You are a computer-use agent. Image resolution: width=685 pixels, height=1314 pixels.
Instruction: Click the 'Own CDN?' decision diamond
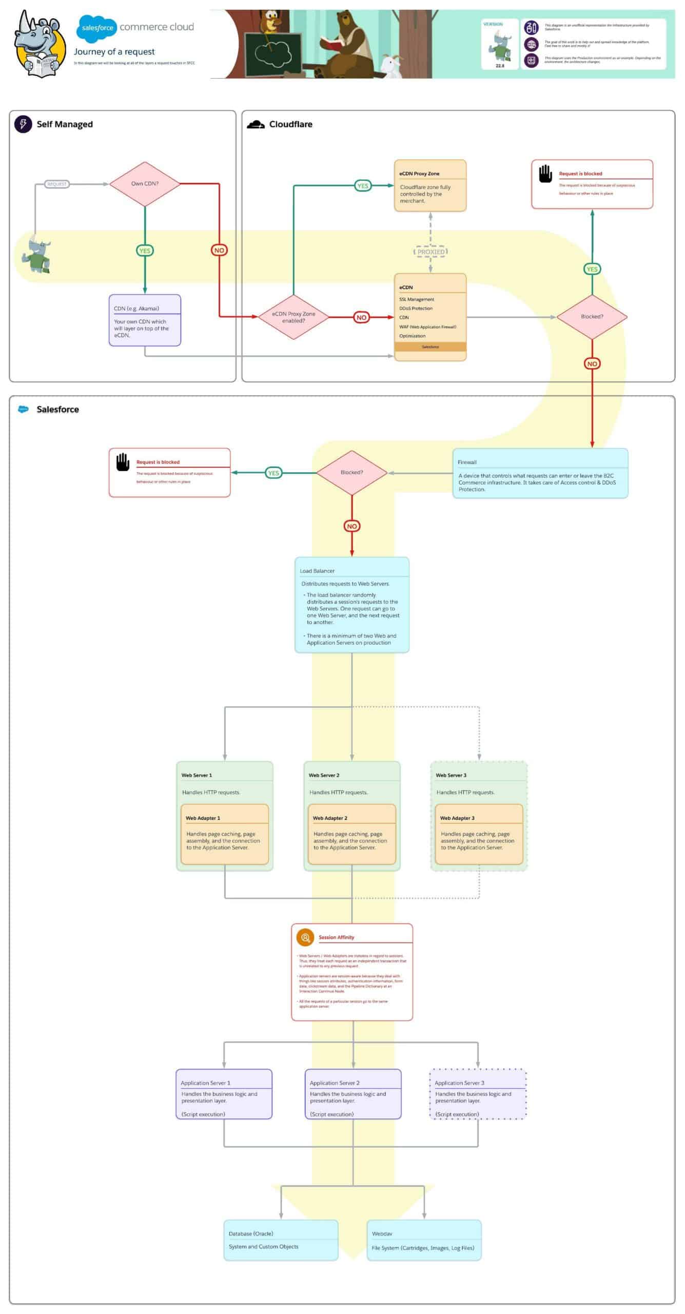(145, 184)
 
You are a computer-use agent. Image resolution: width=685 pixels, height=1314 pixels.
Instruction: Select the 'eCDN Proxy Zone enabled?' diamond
(293, 317)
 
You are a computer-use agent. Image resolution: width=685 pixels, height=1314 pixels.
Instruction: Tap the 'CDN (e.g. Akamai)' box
(145, 320)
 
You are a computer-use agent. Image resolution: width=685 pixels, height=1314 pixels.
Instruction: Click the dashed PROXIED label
(430, 252)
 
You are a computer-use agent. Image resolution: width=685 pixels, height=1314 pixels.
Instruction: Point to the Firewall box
(540, 473)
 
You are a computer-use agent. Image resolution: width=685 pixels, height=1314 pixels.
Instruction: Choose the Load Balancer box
(351, 605)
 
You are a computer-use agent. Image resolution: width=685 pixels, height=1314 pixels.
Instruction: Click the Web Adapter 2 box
(351, 834)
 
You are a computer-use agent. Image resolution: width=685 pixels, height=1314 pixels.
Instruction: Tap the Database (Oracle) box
(281, 1240)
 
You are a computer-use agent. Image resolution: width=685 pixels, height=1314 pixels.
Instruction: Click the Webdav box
(424, 1240)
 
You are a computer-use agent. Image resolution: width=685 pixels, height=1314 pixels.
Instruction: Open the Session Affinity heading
(337, 937)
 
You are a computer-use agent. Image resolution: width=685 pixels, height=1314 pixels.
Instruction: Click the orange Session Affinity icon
(305, 937)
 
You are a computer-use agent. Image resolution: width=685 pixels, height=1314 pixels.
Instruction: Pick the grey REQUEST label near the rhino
(56, 184)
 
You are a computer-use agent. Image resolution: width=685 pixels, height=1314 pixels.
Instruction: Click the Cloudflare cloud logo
(256, 124)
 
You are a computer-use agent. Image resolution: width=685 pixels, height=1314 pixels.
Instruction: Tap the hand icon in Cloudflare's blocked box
(545, 173)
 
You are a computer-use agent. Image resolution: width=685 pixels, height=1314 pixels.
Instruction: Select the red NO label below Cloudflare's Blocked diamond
(592, 363)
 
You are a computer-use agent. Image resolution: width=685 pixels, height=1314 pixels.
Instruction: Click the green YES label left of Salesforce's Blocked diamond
(273, 473)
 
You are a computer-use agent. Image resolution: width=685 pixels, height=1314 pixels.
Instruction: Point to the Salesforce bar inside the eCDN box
(430, 347)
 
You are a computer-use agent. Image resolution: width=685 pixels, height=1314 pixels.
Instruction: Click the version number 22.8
(500, 66)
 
